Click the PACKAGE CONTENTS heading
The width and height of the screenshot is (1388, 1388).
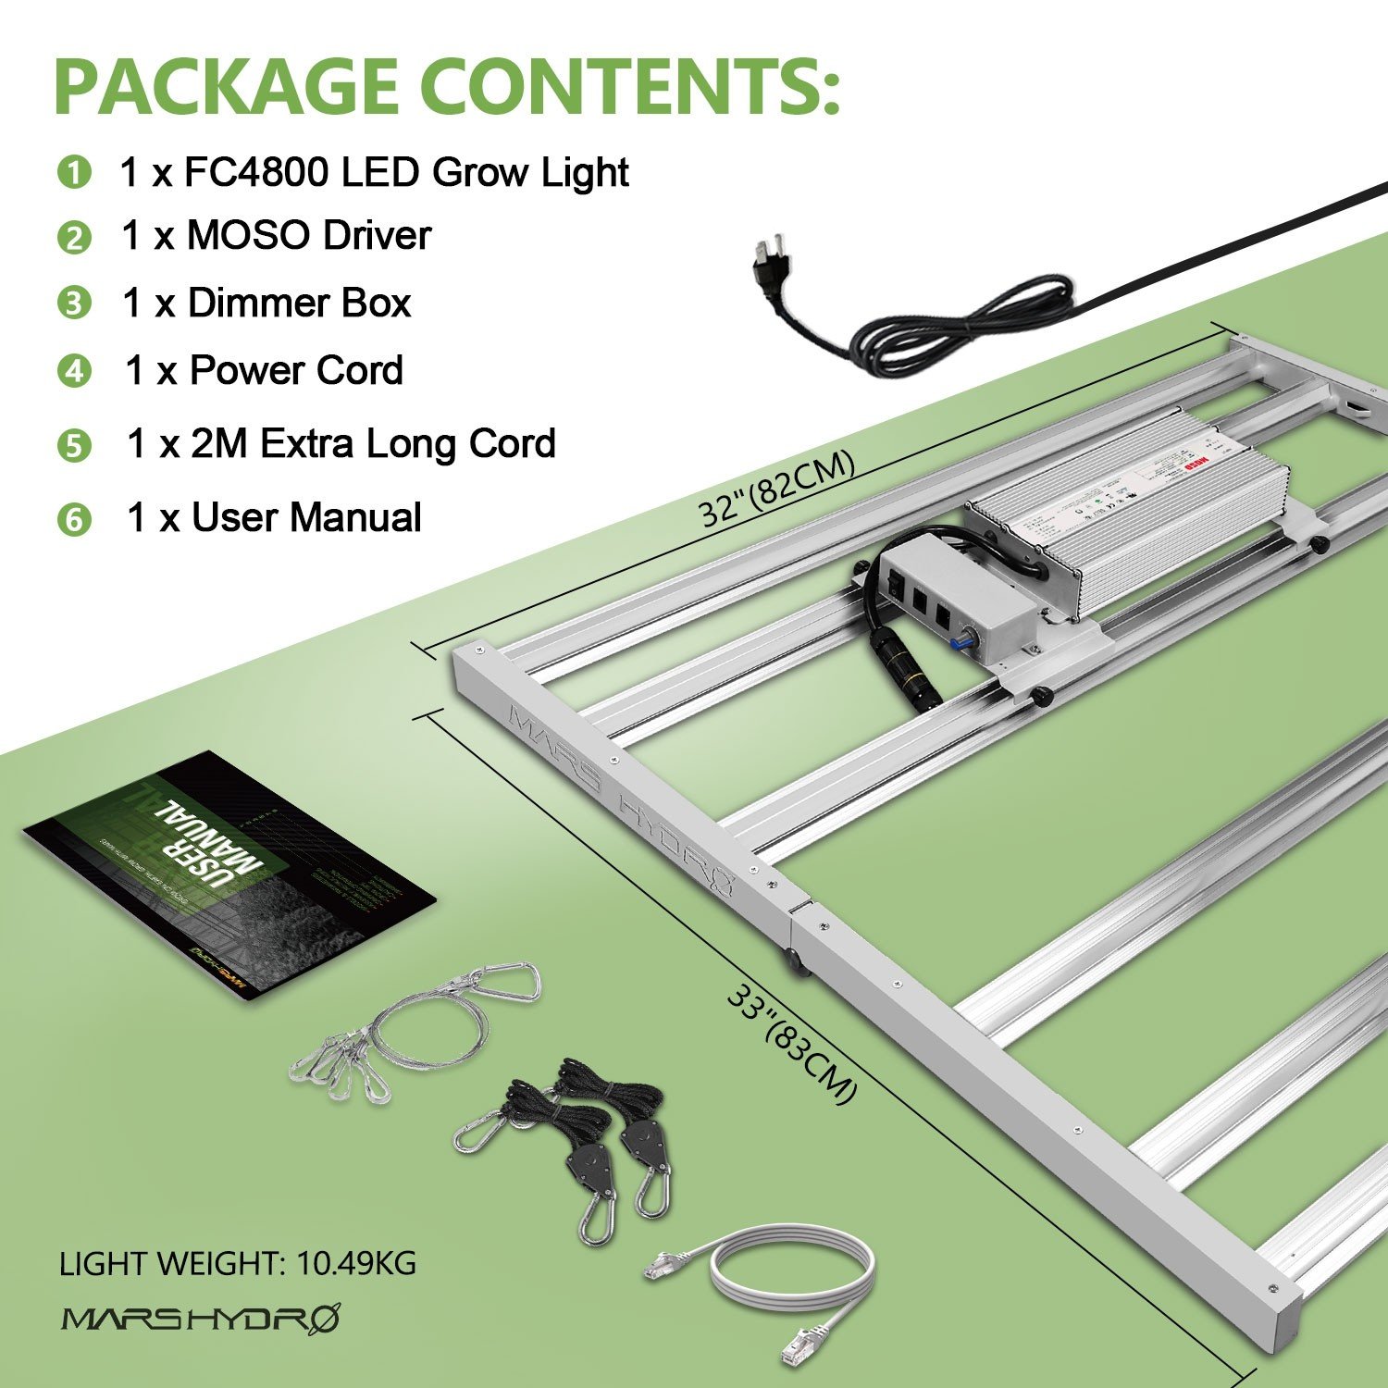click(x=447, y=85)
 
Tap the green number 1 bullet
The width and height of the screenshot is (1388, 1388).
click(x=74, y=173)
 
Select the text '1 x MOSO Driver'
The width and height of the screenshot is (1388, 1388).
click(x=276, y=236)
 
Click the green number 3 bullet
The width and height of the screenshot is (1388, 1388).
click(x=74, y=304)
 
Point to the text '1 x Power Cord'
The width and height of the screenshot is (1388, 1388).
click(x=264, y=371)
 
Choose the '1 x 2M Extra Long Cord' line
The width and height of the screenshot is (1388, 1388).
click(x=341, y=444)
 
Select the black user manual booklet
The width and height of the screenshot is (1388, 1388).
click(x=227, y=874)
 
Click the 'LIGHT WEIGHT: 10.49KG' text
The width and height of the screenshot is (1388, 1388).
click(x=237, y=1263)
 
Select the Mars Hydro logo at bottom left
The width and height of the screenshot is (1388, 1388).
click(x=200, y=1318)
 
